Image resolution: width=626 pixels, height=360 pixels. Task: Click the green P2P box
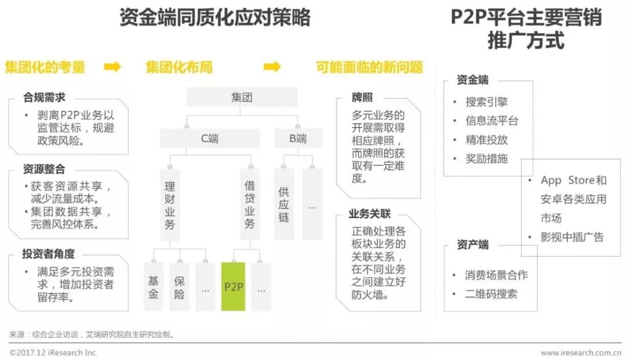(x=233, y=286)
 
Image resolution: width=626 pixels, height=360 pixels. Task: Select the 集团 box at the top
(x=241, y=97)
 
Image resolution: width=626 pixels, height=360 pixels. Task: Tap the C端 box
(x=210, y=139)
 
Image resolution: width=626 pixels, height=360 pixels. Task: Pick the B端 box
(x=298, y=139)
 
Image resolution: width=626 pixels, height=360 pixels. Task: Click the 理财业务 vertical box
(x=170, y=205)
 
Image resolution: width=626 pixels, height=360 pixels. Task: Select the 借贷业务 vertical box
(x=250, y=205)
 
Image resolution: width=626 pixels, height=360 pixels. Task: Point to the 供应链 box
(x=283, y=205)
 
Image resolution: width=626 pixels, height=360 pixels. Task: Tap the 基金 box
(x=154, y=286)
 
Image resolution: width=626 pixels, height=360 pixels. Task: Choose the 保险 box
(x=180, y=286)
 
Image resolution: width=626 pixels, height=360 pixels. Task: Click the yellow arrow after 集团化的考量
(x=112, y=67)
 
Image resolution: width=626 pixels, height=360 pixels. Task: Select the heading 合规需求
(x=44, y=97)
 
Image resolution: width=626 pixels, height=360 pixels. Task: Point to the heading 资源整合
(x=44, y=169)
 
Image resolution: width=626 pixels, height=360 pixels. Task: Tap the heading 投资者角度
(x=49, y=254)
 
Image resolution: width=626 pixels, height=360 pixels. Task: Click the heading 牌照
(x=362, y=97)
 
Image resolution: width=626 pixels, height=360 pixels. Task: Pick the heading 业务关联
(x=370, y=214)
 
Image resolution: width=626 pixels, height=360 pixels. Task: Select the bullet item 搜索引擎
(x=486, y=102)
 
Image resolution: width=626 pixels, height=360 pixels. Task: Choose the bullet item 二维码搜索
(x=491, y=293)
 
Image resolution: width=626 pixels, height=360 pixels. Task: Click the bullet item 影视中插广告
(x=572, y=237)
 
